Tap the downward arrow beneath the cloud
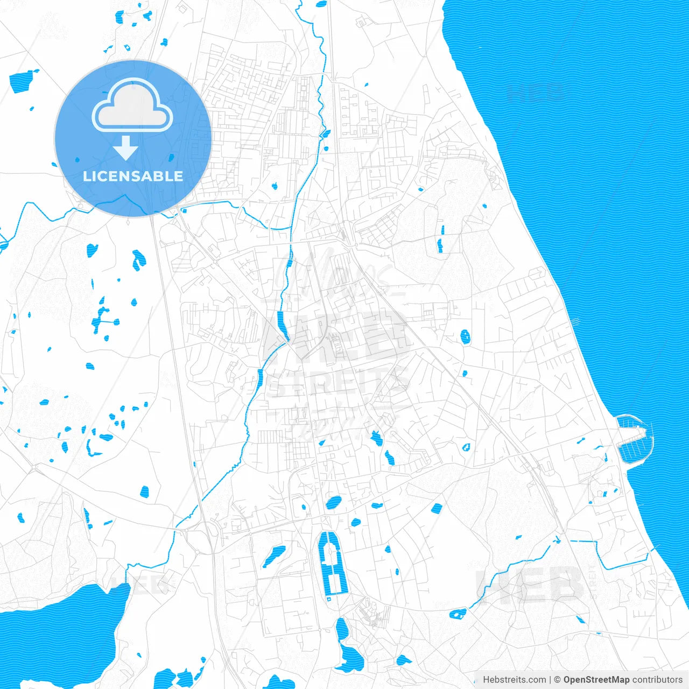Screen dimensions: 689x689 pos(126,148)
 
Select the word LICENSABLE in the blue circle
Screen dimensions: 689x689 pos(133,176)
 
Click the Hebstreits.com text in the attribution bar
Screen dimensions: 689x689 pos(514,680)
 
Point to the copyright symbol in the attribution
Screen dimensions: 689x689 pos(558,680)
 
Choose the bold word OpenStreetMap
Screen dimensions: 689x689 pos(596,680)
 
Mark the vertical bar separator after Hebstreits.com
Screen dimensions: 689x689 pos(550,680)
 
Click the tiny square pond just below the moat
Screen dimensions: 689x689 pos(328,599)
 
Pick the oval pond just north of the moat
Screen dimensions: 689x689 pos(333,503)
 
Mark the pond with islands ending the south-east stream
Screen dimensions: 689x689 pos(459,613)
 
